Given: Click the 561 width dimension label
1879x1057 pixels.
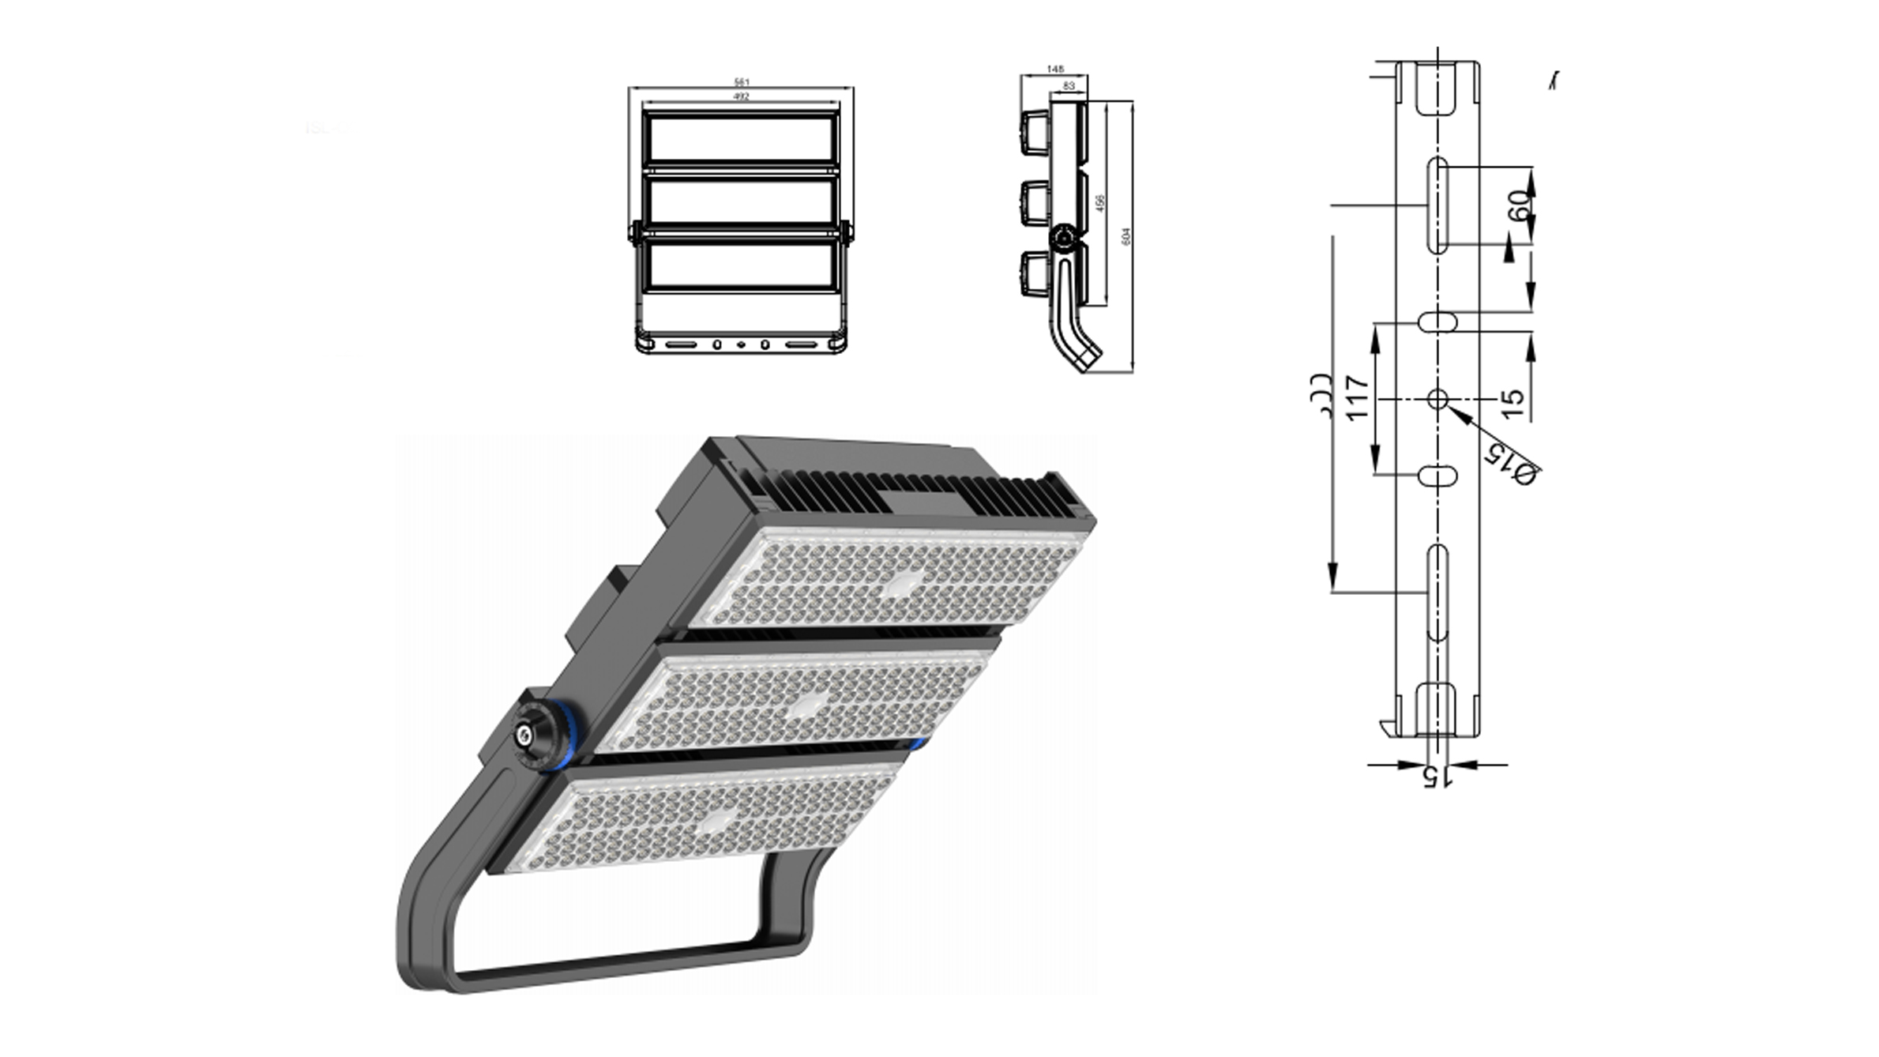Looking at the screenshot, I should (x=741, y=82).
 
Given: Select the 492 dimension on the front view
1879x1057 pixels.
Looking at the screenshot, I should (x=741, y=96).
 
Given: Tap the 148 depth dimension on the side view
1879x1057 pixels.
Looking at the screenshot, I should (x=1054, y=70).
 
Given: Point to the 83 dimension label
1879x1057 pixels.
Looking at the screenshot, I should (x=1069, y=85).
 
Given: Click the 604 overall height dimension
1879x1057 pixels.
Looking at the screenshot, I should (x=1126, y=235).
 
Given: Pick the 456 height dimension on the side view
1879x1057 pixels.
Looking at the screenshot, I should (x=1100, y=203).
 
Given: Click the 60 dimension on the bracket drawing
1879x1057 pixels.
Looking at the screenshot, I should (x=1518, y=206).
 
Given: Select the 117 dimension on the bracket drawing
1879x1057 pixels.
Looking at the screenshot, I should (x=1356, y=398).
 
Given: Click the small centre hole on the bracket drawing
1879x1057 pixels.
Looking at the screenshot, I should (x=1437, y=399).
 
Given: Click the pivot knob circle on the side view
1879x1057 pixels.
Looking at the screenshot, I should (x=1065, y=237).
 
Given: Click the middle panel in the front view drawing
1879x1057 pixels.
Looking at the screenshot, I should (x=741, y=200).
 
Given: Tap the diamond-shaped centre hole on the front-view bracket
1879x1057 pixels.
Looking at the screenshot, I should (x=741, y=344).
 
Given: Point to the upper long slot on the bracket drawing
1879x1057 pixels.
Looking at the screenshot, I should (x=1437, y=205).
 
